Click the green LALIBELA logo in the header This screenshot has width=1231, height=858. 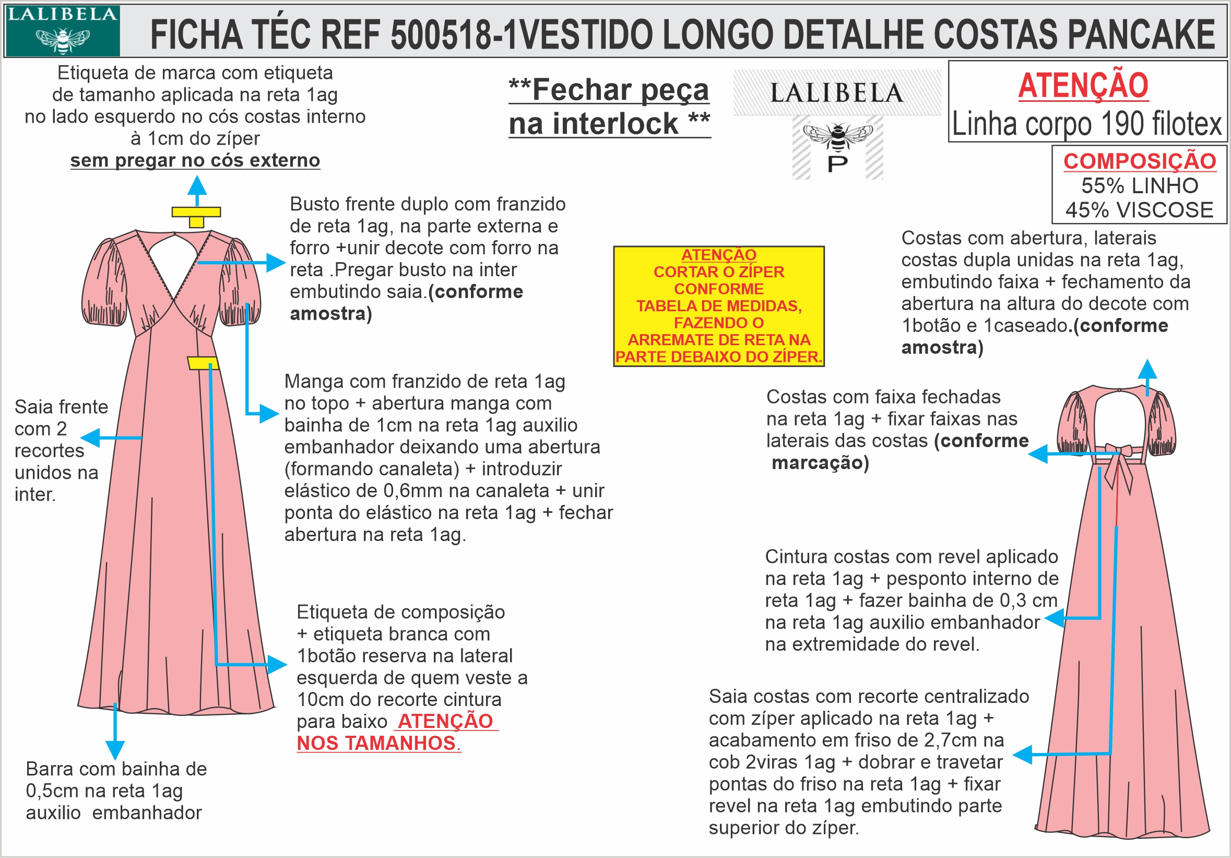62,31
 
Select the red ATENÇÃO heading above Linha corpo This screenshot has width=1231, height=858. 1083,86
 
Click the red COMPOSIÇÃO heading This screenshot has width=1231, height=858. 1139,161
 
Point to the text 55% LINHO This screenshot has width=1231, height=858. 1139,185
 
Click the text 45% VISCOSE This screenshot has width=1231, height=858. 1139,210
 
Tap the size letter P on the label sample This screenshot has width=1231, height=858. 837,164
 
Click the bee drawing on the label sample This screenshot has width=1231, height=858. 837,135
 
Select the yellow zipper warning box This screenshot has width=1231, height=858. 718,306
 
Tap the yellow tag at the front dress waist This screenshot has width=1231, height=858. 203,363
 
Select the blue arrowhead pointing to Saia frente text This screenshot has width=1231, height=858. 90,438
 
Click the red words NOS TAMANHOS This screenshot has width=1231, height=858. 377,743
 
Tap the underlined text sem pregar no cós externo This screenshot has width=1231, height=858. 195,160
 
